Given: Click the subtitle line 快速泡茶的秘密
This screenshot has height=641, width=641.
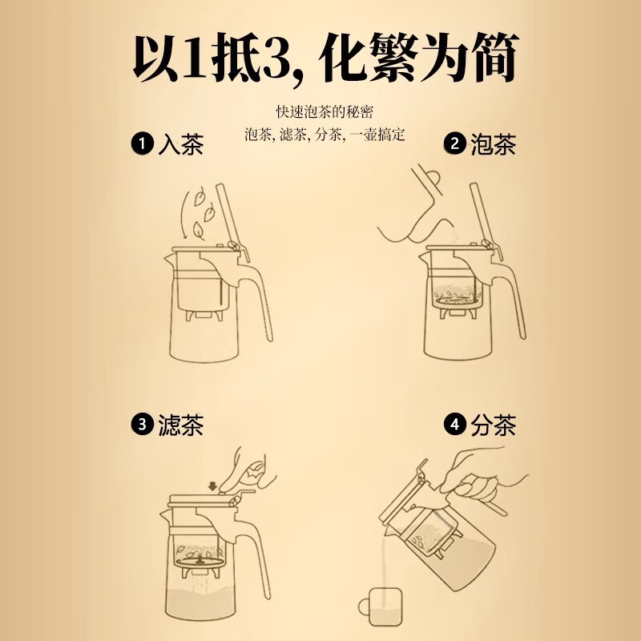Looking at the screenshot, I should pos(320,111).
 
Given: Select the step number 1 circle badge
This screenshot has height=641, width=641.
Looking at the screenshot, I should pos(141,145).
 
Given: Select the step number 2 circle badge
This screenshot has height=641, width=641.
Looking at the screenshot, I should pos(454,145).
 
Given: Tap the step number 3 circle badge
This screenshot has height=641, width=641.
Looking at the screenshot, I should pos(141,425).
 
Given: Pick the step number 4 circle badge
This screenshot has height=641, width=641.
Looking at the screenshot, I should pos(454,425).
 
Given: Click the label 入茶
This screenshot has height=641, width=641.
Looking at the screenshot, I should pos(180,145).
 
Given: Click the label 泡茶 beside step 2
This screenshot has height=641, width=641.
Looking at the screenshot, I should pos(494,145).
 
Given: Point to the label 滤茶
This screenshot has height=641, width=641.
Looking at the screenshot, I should pos(180,425).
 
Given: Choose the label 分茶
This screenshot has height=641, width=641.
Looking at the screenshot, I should pos(494,425).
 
